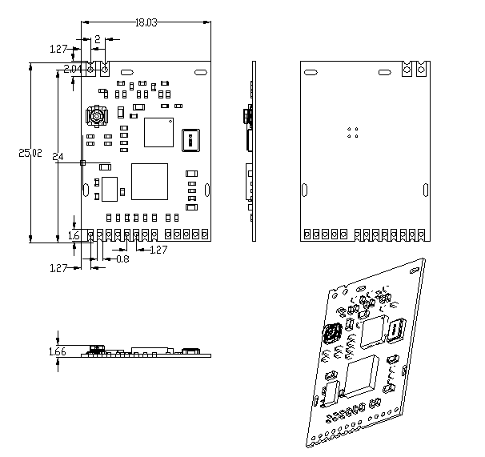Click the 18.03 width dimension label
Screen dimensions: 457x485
point(146,22)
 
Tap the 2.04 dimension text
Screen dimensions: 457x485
point(73,69)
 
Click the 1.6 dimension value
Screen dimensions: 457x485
point(74,235)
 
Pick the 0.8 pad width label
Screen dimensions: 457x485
point(122,259)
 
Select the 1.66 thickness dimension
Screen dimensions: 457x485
point(58,351)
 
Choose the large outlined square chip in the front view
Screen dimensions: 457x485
point(149,182)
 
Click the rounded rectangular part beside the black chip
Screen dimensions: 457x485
point(190,138)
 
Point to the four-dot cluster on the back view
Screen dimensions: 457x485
point(353,132)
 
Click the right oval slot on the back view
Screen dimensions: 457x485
point(425,190)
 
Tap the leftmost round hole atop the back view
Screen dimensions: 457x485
point(407,70)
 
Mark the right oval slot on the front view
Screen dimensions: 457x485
point(207,190)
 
